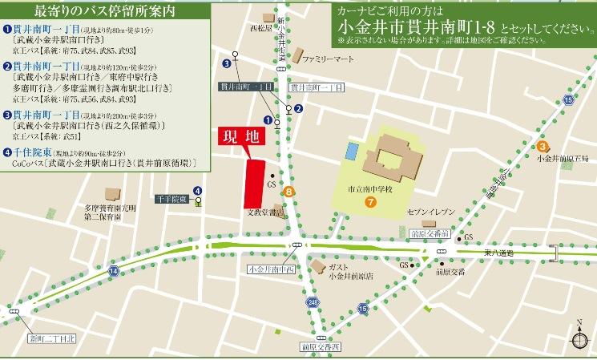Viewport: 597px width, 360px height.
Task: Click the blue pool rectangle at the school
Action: [351, 149]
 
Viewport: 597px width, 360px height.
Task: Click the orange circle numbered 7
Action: [370, 201]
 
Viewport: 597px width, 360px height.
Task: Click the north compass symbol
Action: [578, 338]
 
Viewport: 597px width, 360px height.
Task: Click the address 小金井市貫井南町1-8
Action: [424, 27]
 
